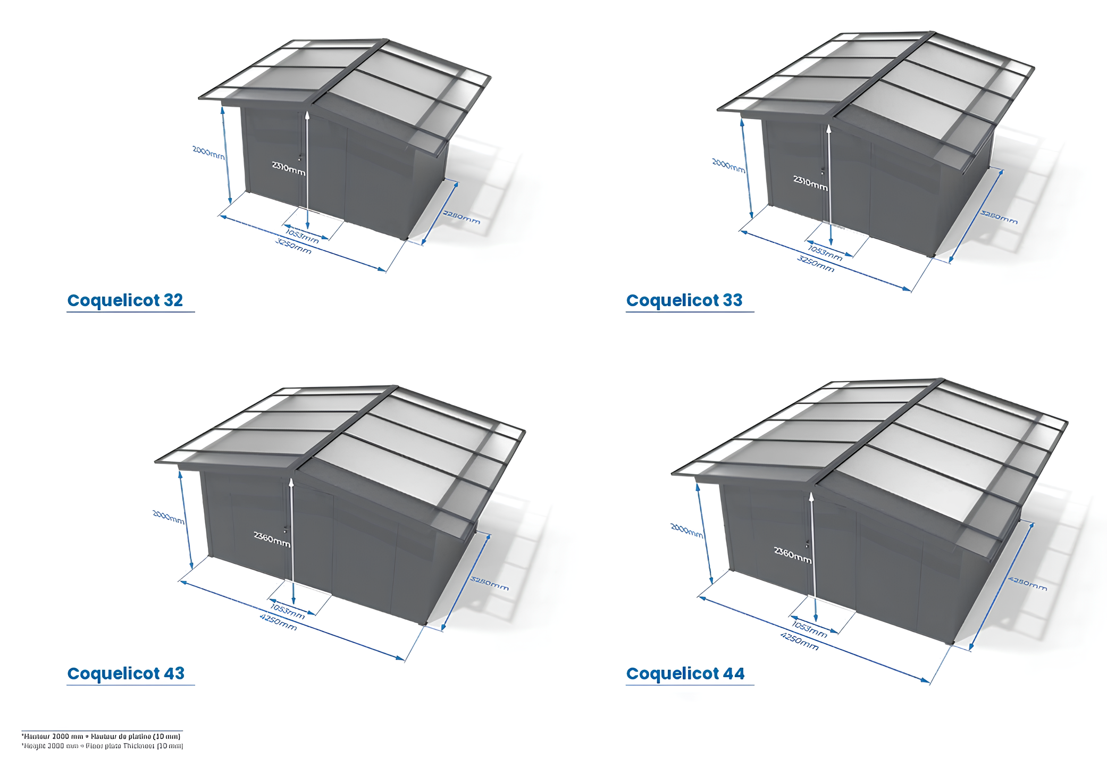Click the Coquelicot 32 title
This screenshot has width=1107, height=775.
pos(125,300)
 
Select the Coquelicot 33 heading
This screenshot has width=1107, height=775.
pos(684,300)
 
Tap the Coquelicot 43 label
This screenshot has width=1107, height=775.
pos(125,673)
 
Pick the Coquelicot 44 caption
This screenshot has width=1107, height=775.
pos(685,673)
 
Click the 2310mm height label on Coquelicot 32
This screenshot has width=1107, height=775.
pos(289,168)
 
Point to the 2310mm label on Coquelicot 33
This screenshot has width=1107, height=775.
pos(810,182)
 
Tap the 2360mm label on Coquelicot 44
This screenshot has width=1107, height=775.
pos(793,554)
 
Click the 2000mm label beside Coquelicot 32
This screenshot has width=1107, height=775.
pos(208,153)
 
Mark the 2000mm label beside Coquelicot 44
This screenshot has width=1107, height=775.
pos(686,530)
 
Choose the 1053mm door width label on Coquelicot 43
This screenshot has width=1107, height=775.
pos(288,611)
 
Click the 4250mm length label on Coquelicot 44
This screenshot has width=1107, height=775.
pos(799,641)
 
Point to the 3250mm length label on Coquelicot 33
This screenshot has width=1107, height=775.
pos(815,264)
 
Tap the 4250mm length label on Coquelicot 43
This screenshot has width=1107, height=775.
pos(278,622)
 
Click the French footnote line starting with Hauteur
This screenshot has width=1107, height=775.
pos(101,736)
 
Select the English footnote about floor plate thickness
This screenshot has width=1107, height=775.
pos(102,746)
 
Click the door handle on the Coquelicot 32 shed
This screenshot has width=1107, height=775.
pos(300,157)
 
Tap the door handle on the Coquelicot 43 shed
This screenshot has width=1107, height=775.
pos(286,529)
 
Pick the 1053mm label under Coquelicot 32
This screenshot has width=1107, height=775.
pos(302,237)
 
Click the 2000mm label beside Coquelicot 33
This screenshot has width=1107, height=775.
pos(728,165)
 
